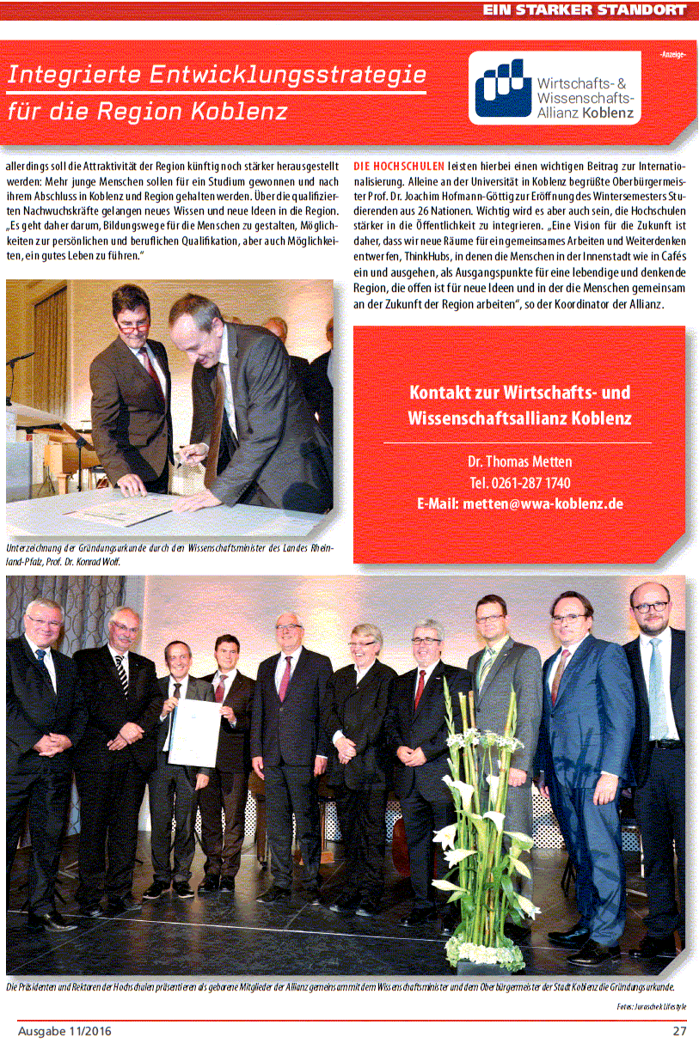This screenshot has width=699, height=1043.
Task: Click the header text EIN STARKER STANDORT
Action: point(585,10)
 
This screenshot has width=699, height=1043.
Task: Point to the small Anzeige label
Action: point(672,54)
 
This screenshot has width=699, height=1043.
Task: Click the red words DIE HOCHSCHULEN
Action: point(399,166)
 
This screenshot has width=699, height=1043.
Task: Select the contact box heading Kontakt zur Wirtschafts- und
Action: point(519,393)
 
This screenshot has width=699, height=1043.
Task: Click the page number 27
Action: point(679,1031)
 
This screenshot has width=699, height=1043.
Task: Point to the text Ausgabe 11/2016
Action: point(64,1031)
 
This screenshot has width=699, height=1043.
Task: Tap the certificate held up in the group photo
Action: point(193,729)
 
